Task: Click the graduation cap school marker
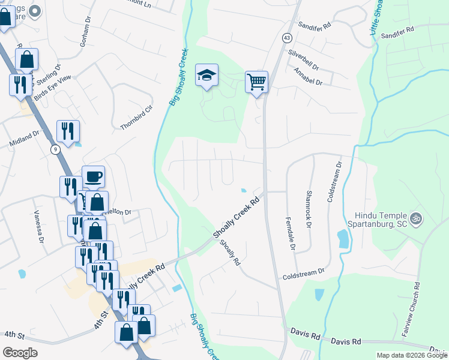point(206,76)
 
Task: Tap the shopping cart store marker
point(256,81)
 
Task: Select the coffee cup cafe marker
point(93,176)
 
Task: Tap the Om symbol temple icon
point(415,218)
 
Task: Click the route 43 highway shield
point(288,37)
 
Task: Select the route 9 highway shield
point(55,149)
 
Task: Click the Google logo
point(20,352)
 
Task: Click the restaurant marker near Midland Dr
point(68,131)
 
